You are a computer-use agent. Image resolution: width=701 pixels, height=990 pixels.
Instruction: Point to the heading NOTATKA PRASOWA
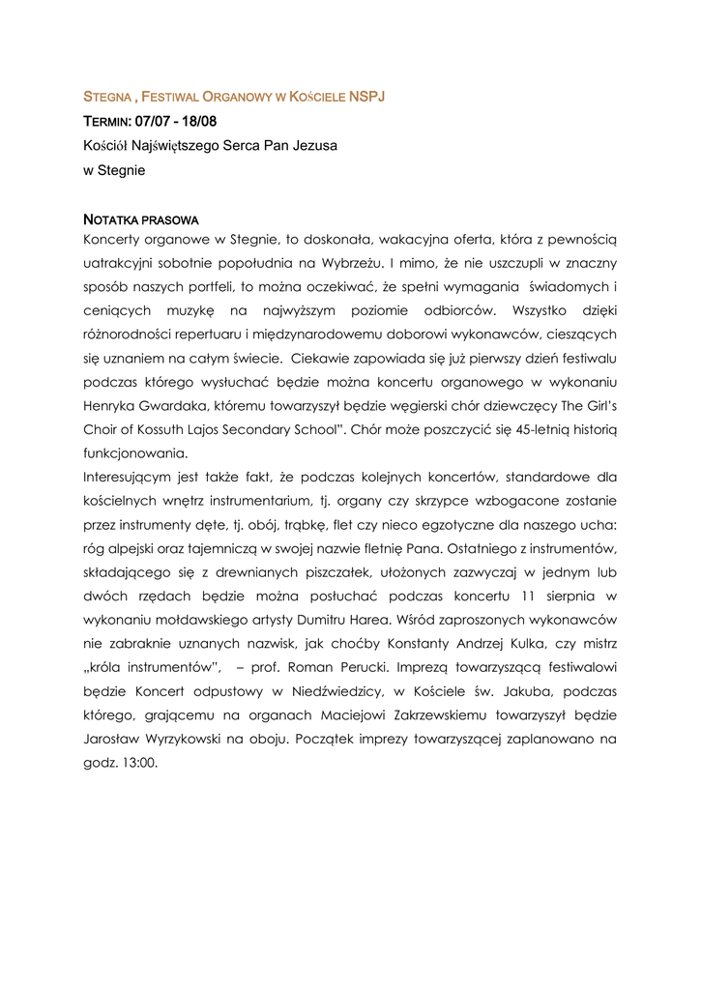pyautogui.click(x=141, y=220)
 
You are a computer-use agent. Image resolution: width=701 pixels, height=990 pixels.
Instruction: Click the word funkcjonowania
pyautogui.click(x=135, y=452)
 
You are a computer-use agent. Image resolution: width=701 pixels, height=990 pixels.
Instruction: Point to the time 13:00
pyautogui.click(x=141, y=762)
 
